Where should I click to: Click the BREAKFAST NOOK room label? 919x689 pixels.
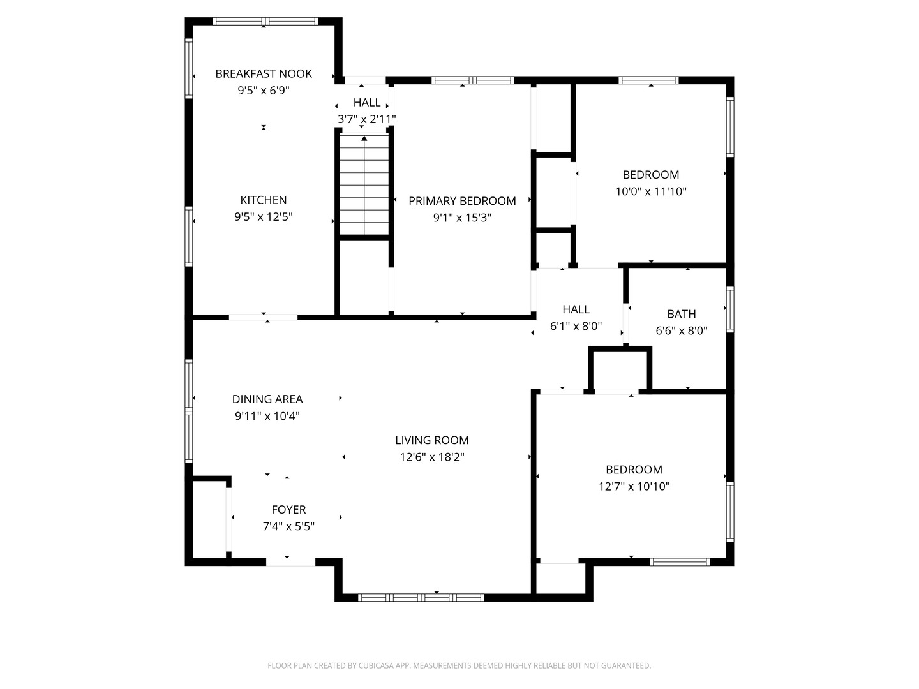tap(264, 73)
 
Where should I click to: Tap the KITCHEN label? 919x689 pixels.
tap(264, 200)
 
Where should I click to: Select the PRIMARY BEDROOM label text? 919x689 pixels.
tap(462, 201)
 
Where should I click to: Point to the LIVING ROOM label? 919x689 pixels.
tap(431, 440)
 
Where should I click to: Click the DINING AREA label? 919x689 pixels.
tap(267, 399)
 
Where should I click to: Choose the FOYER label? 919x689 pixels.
tap(288, 510)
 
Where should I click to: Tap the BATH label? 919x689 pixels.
tap(682, 314)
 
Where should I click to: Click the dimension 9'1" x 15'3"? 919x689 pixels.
tap(462, 218)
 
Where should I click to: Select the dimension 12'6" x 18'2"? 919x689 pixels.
tap(431, 457)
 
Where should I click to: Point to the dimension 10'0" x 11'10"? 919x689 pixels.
tap(651, 191)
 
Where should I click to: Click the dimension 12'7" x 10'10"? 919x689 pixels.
tap(634, 486)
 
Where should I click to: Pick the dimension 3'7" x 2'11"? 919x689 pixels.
tap(367, 119)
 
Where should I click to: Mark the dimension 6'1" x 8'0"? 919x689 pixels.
tap(576, 326)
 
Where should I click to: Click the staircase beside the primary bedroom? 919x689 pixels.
tap(364, 184)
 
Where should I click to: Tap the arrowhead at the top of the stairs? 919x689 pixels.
tap(364, 138)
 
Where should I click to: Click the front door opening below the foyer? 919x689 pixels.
tap(290, 562)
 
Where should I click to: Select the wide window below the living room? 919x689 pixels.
tap(421, 598)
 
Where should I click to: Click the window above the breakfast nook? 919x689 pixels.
tap(265, 21)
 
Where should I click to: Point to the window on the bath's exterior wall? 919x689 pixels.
tap(729, 309)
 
